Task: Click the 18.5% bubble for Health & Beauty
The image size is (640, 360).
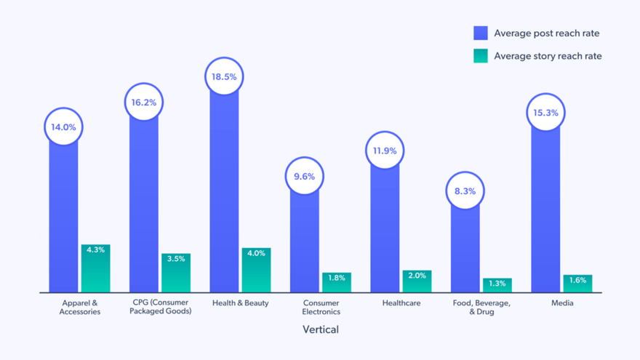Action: (224, 77)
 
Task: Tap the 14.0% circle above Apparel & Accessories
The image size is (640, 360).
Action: (64, 127)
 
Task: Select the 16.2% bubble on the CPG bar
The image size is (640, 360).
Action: (144, 103)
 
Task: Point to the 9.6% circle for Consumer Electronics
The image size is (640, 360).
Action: (304, 177)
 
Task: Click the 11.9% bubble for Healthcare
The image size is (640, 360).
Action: (385, 151)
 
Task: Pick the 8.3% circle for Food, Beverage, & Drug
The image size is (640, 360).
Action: (465, 191)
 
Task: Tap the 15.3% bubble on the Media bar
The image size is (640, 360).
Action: (545, 113)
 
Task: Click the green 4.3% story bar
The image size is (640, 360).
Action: (95, 268)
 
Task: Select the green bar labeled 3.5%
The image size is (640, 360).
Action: (176, 273)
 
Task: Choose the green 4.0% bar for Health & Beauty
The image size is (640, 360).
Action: (256, 270)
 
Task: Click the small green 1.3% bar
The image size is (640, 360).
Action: (497, 285)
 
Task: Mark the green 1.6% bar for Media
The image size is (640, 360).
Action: (577, 284)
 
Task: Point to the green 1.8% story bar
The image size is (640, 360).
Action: (337, 282)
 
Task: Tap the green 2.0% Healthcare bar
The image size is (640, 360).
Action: (417, 281)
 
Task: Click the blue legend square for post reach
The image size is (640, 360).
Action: (481, 33)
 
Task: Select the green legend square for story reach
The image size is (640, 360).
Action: (481, 56)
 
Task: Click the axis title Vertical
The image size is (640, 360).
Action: (321, 329)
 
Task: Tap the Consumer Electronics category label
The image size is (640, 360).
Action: (321, 307)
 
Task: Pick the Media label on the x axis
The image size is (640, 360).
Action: (561, 303)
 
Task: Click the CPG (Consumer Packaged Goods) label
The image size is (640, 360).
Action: (161, 307)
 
